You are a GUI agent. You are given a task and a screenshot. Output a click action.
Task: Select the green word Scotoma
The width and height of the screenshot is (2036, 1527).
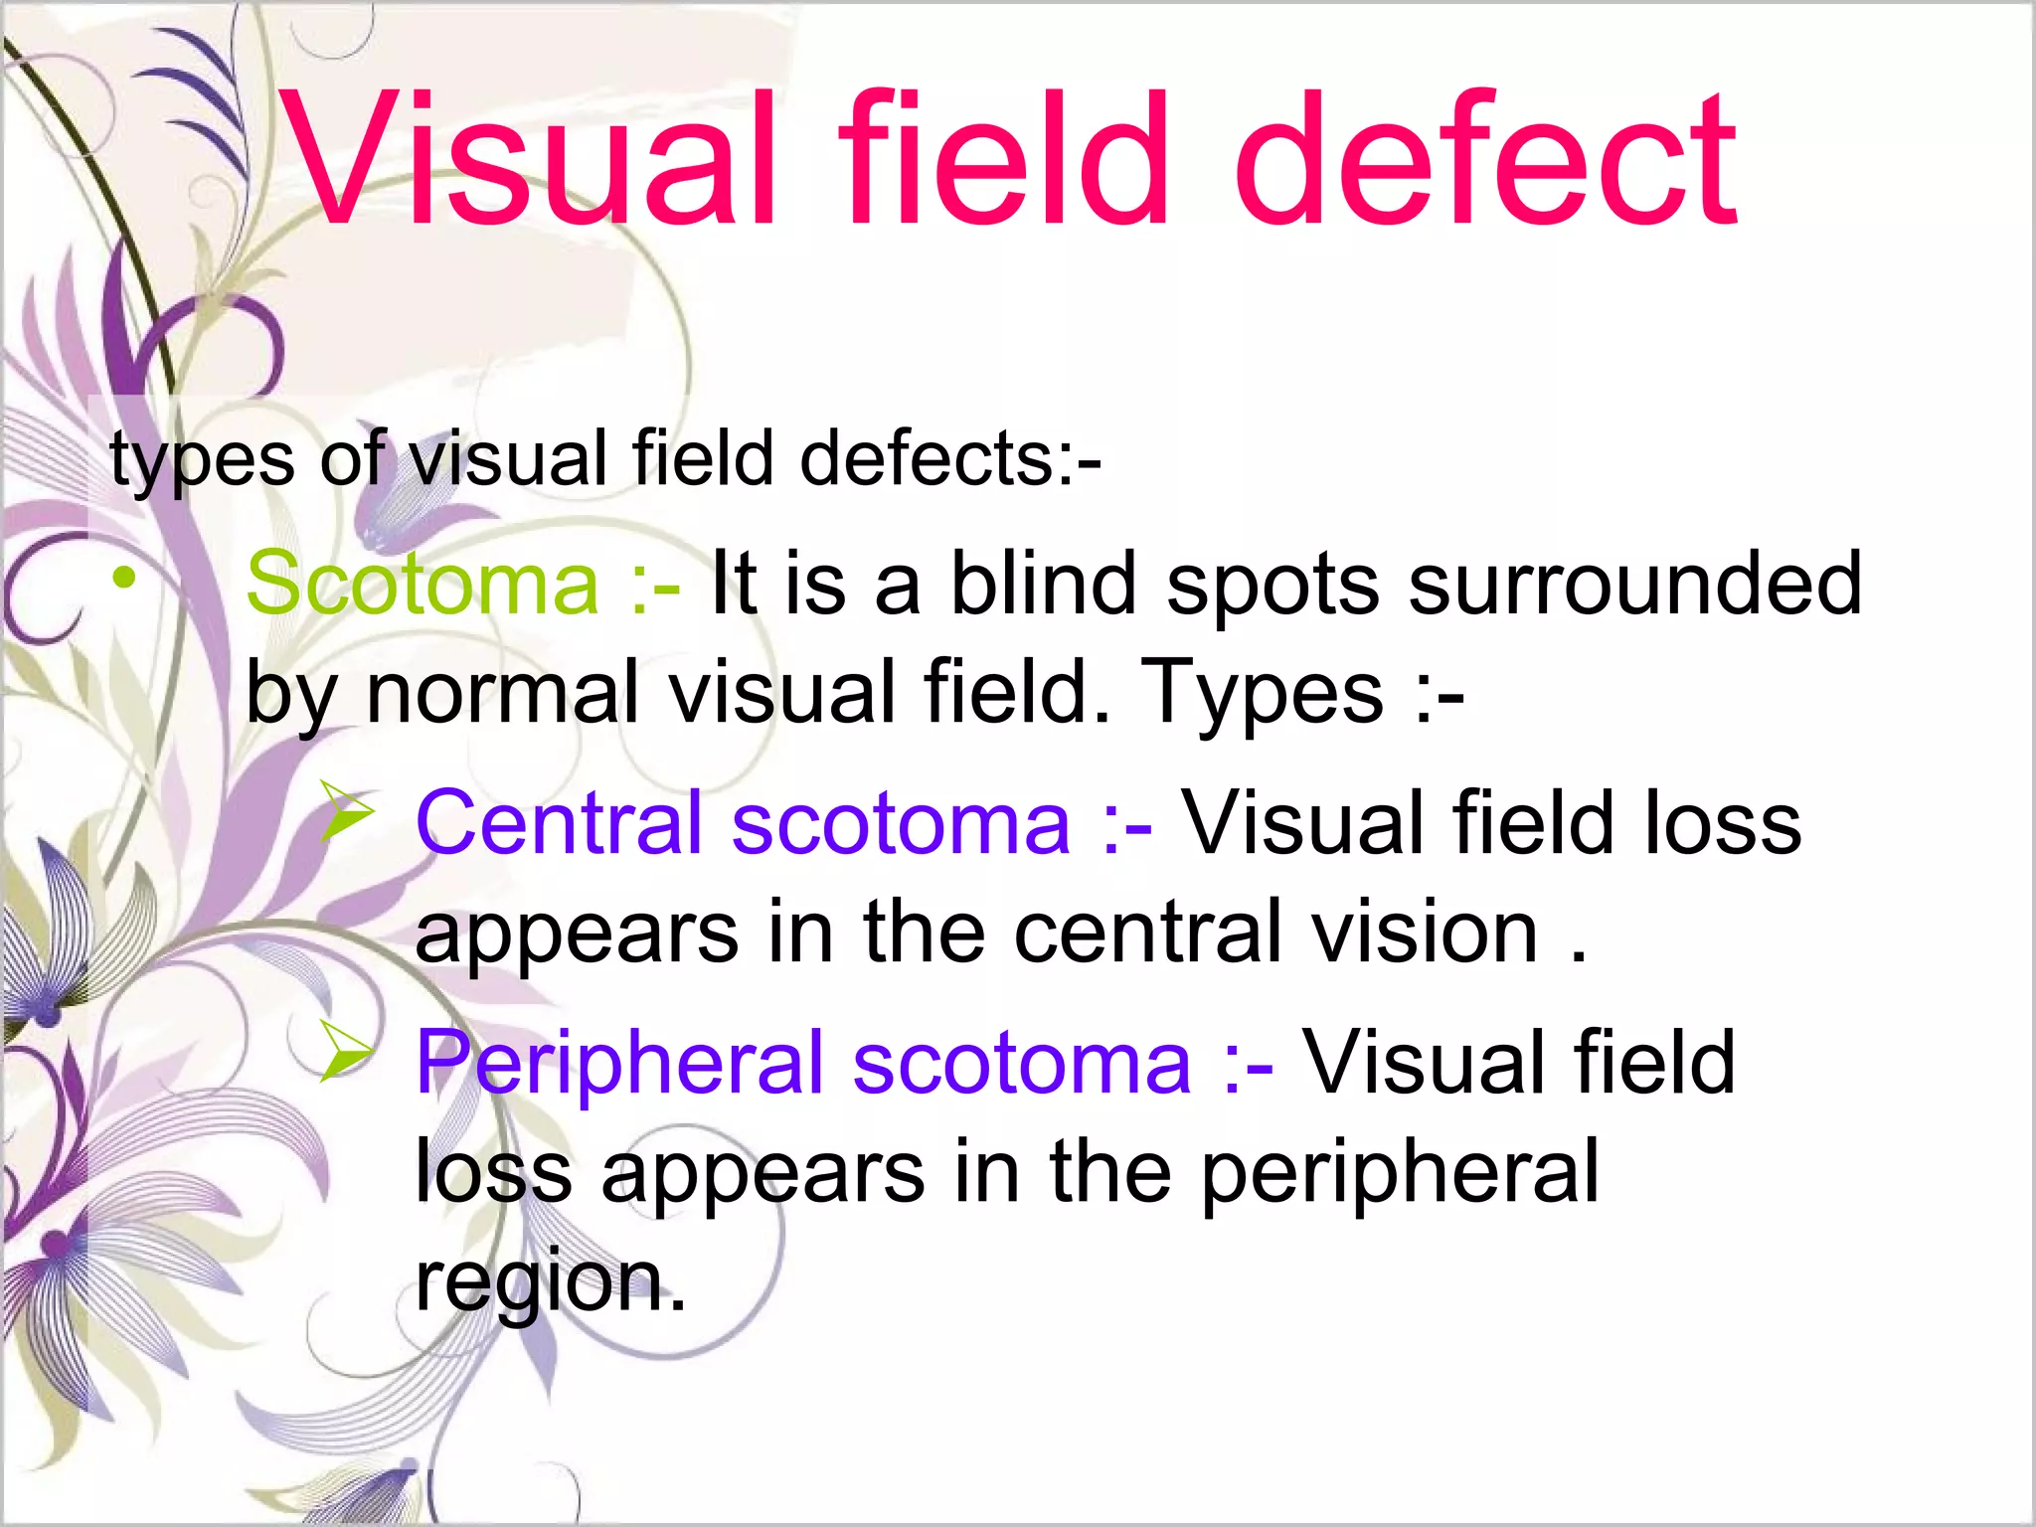[423, 584]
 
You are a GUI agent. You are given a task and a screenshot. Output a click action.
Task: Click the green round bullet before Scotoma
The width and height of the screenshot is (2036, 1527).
[123, 578]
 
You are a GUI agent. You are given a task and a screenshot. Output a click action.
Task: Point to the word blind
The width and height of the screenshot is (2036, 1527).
[1044, 584]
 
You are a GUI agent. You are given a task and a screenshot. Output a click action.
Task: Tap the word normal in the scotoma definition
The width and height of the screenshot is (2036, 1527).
[502, 693]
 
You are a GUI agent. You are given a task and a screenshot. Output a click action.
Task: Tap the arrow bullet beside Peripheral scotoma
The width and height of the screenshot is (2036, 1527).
[347, 1051]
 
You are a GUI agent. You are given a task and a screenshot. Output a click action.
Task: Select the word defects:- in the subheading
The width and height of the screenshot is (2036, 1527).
[949, 460]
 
